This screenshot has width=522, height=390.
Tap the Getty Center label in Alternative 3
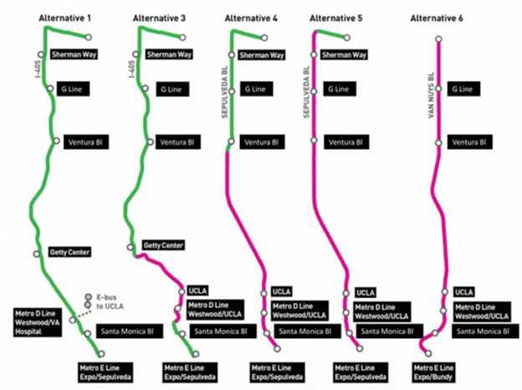(163, 245)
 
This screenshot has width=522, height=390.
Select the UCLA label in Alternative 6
(464, 292)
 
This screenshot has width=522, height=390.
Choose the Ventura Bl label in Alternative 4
(260, 142)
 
